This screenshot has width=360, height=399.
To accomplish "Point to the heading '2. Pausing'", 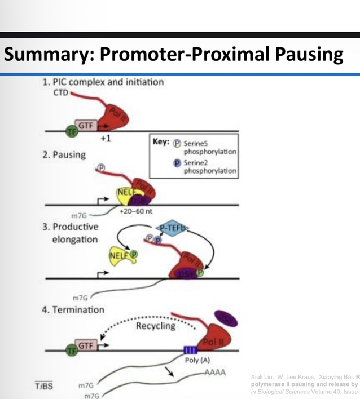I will point(64,154).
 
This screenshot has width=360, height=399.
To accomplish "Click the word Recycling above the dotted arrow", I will point(155,326).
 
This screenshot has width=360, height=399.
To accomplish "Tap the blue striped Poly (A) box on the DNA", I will point(191,351).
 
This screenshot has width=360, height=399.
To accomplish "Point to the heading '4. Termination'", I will point(73,309).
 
